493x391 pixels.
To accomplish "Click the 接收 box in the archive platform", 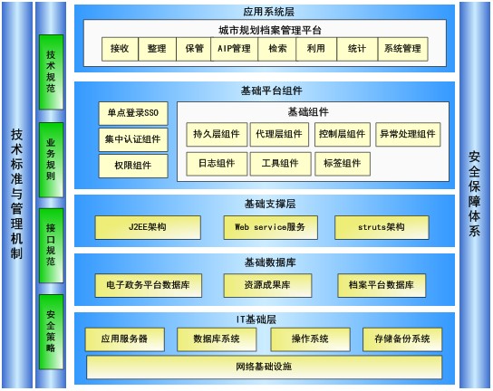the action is (120, 49).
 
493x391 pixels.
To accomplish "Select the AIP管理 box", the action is (234, 49).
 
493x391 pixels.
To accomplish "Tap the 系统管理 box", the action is (402, 49).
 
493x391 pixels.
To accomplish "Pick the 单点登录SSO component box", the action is (133, 113).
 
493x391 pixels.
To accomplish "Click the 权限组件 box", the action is (133, 166).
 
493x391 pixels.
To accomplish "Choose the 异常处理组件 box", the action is (408, 135).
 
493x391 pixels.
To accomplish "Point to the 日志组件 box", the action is (217, 164).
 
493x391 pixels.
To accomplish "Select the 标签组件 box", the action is (343, 164).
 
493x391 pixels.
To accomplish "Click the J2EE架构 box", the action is (148, 227).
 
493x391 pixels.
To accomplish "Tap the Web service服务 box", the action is (270, 227).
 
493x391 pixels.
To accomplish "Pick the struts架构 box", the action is (382, 227).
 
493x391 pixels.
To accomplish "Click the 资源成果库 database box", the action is (267, 285).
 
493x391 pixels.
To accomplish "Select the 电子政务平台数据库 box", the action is (148, 285).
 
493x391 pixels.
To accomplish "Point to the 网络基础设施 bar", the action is (264, 367).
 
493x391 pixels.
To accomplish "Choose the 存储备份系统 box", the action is (402, 339).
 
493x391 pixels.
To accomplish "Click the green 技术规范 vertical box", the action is (51, 72).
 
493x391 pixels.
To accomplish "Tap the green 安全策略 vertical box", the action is (51, 331).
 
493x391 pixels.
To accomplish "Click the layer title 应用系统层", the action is (269, 12).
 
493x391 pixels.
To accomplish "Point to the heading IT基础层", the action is (256, 319).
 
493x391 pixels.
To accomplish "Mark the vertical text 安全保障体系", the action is (475, 194).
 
